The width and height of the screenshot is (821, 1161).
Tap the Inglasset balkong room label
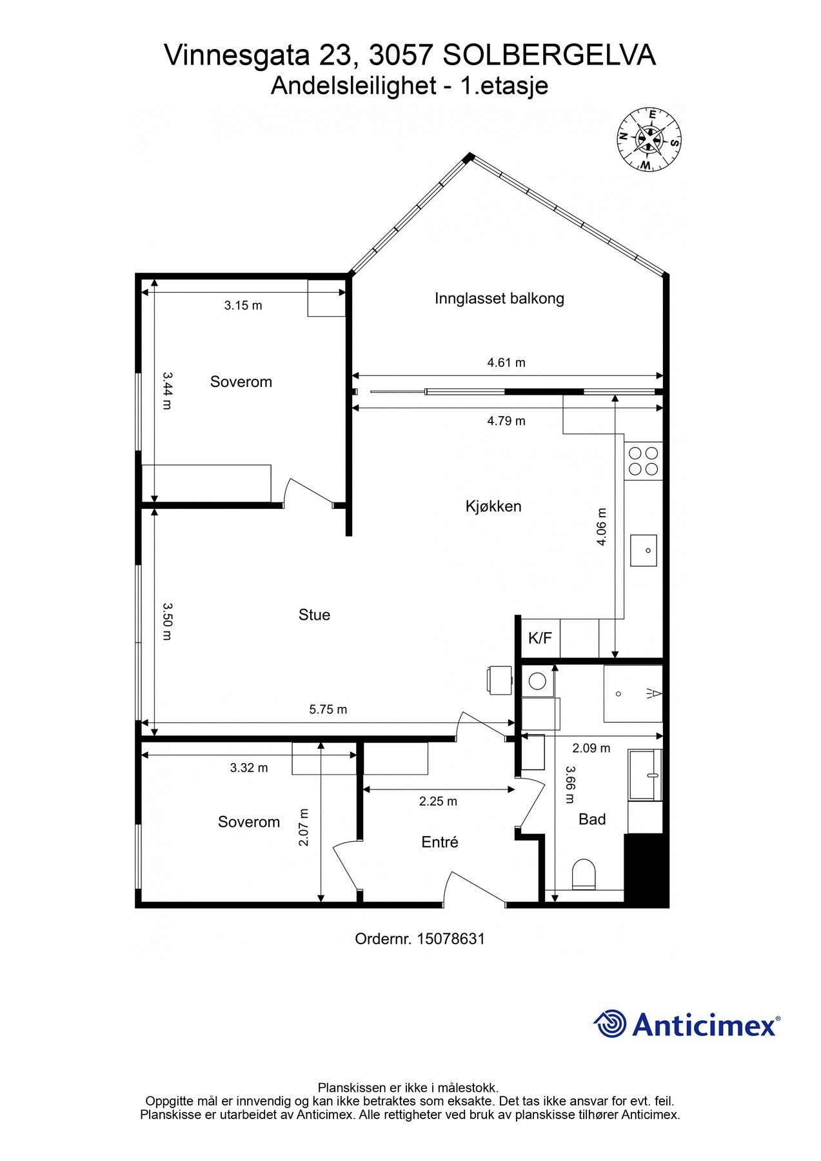(x=499, y=299)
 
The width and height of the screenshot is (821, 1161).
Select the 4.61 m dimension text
(x=506, y=362)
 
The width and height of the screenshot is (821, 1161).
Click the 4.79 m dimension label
(x=506, y=421)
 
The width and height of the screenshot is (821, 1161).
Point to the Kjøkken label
(x=493, y=506)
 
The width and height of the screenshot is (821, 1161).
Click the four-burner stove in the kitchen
(x=644, y=461)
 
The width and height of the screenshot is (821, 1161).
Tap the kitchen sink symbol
(x=643, y=550)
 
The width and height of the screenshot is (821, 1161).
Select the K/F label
(x=540, y=639)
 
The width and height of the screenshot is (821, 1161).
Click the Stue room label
(x=314, y=615)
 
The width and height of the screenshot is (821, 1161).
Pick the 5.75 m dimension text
(x=328, y=709)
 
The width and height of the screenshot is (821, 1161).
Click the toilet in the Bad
(x=584, y=875)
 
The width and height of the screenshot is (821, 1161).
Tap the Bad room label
(x=592, y=819)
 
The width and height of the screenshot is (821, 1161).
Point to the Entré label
(x=439, y=842)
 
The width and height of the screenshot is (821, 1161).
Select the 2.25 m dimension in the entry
(x=438, y=801)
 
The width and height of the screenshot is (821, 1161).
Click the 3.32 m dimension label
(x=249, y=768)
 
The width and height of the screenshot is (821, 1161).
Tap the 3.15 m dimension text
(x=243, y=306)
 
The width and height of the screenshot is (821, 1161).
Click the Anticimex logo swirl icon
(x=610, y=1024)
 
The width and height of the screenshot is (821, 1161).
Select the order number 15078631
(x=451, y=938)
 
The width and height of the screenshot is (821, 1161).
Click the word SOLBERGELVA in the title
(x=550, y=55)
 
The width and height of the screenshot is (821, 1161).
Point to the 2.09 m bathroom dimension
(x=591, y=748)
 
